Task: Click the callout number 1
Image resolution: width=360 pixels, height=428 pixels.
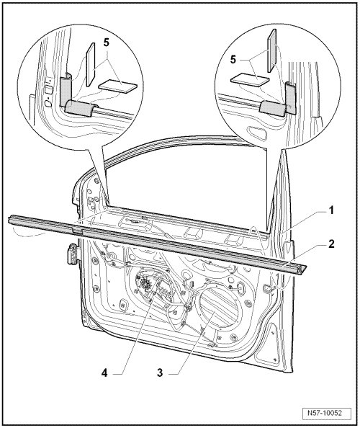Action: coord(330,210)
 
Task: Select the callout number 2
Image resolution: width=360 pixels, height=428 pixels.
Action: coord(330,244)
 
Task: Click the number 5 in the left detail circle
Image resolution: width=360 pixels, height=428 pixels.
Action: coord(106,43)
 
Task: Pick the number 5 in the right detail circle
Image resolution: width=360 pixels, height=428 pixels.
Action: coord(233,60)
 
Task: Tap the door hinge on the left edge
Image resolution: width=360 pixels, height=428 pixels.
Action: coord(73,254)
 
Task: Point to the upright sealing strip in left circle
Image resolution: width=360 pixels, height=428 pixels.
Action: coord(90,64)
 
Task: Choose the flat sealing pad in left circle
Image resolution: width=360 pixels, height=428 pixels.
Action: coord(117,86)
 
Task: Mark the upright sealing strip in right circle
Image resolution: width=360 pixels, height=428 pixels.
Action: coord(272,50)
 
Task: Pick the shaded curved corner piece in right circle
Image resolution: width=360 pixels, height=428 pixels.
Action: coord(279,101)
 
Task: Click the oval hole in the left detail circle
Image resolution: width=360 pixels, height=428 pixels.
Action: coord(48,104)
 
